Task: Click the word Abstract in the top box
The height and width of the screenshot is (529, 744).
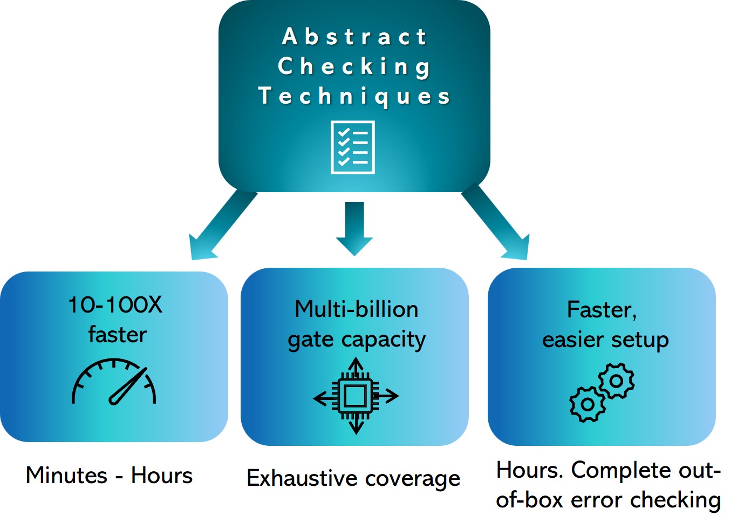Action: (x=354, y=37)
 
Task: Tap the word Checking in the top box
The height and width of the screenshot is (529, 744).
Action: (x=354, y=66)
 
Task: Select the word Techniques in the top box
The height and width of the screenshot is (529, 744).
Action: (x=354, y=96)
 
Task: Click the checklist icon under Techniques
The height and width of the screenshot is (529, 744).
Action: (x=353, y=147)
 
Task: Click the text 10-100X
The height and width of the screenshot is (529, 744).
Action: (x=115, y=305)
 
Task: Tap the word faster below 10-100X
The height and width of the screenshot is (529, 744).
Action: (x=117, y=335)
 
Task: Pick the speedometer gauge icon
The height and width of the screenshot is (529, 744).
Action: (x=114, y=382)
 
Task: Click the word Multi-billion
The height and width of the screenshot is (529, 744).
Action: (x=357, y=309)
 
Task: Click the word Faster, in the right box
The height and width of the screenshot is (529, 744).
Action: (x=602, y=310)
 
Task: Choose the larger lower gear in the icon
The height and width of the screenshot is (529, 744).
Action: (x=587, y=404)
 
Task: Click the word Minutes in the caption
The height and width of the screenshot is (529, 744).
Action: (x=66, y=476)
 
